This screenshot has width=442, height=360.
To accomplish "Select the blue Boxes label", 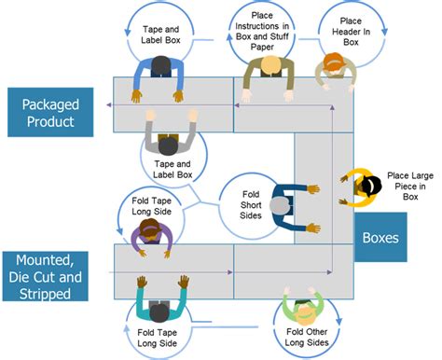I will pos(382,238).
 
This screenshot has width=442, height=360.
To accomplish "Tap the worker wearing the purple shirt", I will pos(148,237).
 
